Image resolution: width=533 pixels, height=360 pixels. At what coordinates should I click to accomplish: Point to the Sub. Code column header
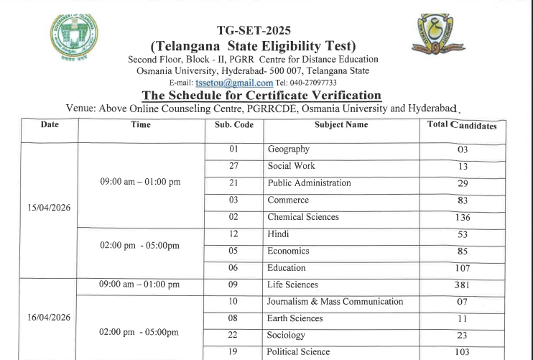[234, 125]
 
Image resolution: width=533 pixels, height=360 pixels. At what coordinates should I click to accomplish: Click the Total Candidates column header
[463, 125]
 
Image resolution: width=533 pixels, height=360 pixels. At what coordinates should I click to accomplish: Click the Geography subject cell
[288, 149]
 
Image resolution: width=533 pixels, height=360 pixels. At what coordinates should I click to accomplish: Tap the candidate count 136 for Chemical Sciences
[463, 217]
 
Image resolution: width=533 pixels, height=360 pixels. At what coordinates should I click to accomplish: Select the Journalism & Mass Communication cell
[335, 302]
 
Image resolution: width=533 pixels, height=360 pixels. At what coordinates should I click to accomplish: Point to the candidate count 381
[463, 285]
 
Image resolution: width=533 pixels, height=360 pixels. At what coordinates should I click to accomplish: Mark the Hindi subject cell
[278, 234]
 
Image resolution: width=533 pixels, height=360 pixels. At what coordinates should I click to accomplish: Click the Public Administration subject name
[309, 183]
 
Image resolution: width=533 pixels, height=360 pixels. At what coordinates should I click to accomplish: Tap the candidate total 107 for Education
[463, 269]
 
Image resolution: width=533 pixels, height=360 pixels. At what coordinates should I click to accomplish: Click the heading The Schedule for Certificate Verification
[261, 96]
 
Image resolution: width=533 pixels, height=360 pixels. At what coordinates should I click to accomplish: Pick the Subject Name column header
[341, 125]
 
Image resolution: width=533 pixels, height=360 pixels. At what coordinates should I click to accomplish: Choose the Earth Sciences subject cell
[295, 318]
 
